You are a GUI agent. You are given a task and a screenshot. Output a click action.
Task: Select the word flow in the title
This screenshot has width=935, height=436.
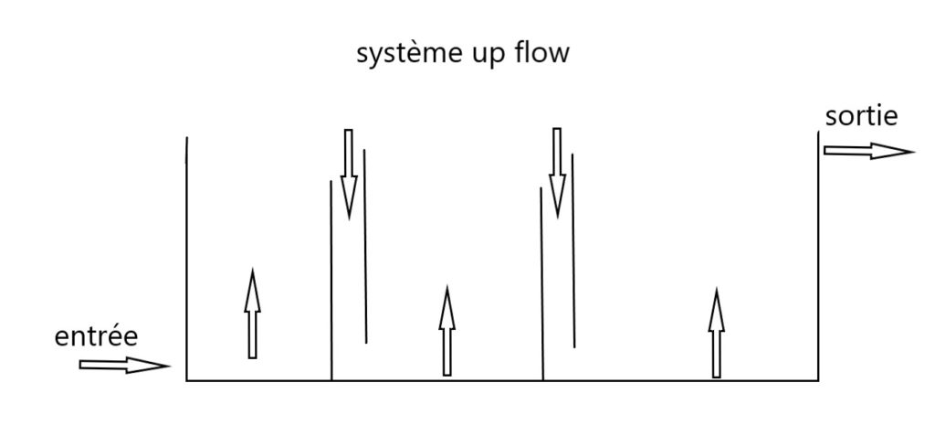point(541,53)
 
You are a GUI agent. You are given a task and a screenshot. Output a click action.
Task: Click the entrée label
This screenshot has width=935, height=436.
point(96,336)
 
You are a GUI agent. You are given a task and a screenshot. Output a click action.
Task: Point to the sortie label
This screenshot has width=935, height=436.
point(861,116)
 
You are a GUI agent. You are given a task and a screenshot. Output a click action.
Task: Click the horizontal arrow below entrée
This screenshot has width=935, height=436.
point(124,365)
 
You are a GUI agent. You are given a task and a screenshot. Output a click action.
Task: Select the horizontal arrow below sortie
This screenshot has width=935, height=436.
point(868,151)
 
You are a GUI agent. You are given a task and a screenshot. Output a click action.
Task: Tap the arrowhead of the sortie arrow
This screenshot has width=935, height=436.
point(892,151)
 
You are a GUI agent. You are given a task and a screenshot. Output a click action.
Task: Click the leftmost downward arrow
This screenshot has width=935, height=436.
point(349,174)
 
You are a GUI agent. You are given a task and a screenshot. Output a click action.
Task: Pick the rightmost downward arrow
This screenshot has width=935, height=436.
point(557,173)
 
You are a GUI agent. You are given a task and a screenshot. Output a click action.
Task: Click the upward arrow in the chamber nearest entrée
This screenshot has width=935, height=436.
point(252,314)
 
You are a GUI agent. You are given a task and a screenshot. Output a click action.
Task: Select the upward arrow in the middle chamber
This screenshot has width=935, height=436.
point(447,332)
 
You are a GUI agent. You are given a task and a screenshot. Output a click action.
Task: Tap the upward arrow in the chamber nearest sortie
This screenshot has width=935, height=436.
point(716,334)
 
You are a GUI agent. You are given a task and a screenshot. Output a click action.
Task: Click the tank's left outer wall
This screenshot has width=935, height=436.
point(186,259)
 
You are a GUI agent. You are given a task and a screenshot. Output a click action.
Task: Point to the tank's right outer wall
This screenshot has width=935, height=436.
point(818,256)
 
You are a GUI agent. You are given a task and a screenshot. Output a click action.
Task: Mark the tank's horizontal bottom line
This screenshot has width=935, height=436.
point(502,380)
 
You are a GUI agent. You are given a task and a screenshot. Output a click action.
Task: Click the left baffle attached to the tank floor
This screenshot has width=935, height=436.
point(331,280)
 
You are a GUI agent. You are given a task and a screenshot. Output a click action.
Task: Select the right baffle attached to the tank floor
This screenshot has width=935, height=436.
point(542,283)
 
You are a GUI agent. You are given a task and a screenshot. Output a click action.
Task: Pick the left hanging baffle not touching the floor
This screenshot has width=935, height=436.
point(365,246)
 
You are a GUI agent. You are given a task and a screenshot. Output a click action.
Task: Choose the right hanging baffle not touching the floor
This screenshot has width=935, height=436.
point(573,250)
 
